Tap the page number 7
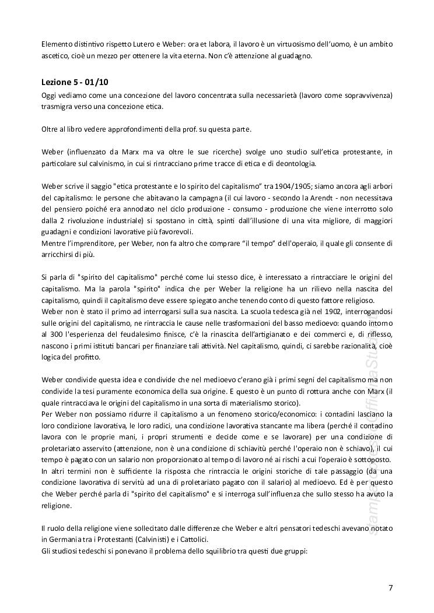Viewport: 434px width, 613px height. [391, 587]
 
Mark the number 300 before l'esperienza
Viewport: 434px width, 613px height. [56, 335]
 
